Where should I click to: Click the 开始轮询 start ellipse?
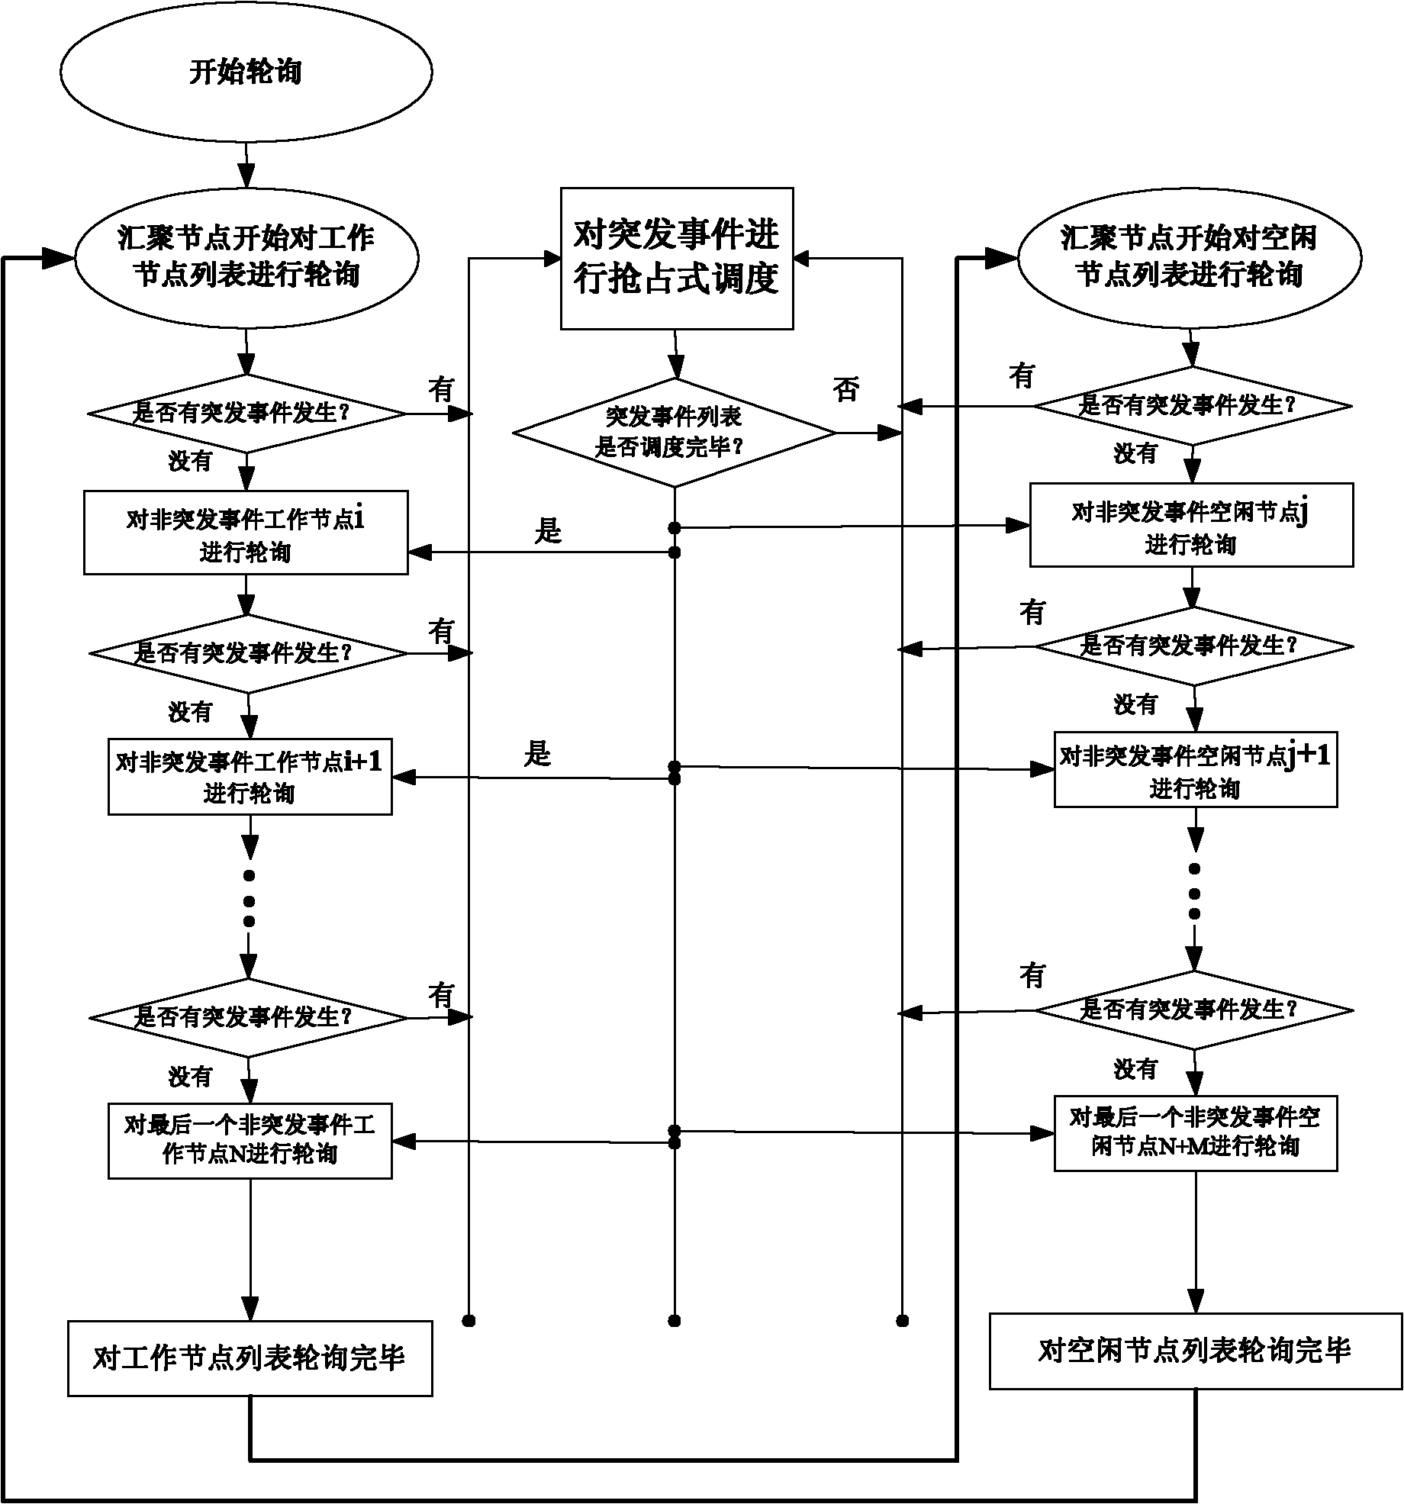246,72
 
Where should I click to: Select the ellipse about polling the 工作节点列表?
246,257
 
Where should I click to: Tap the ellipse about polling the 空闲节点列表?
1190,257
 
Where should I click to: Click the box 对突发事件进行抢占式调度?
677,258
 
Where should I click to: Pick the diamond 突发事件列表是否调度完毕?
674,433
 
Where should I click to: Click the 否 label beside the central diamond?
845,390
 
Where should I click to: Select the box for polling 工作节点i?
246,533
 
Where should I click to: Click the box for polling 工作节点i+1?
250,776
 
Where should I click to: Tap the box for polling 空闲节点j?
1191,525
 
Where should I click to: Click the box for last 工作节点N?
250,1141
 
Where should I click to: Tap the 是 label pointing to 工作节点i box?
548,530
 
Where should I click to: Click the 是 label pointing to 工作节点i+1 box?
537,754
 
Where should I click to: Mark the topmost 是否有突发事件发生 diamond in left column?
246,414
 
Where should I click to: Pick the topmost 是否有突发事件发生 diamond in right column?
1193,406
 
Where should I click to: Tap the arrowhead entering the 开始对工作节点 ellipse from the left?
56,258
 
